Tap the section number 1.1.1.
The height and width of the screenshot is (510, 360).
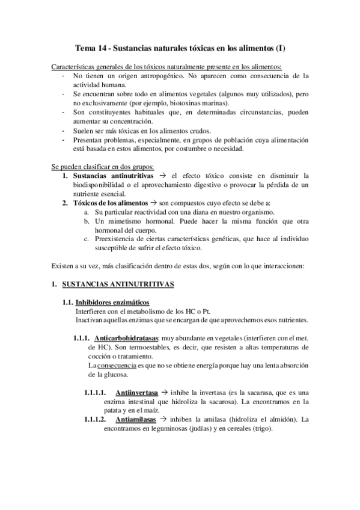[x=82, y=338]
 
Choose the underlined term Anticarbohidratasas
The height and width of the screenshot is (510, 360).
[x=123, y=338]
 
